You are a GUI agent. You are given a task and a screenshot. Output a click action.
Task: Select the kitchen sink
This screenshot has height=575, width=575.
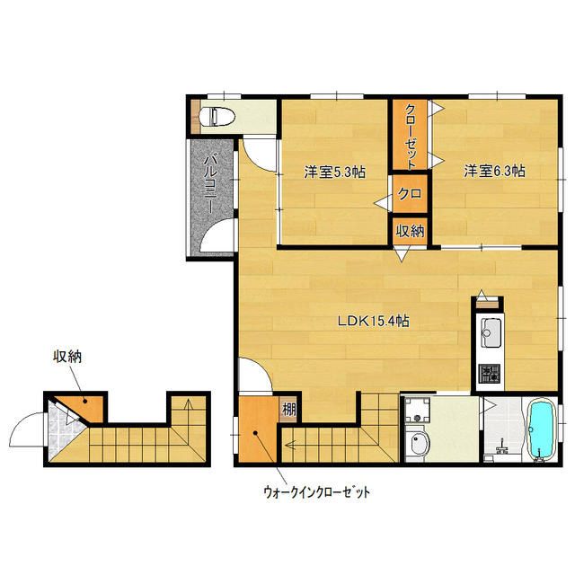pos(491,333)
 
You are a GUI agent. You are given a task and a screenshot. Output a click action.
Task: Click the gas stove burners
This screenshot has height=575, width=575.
pos(491,374)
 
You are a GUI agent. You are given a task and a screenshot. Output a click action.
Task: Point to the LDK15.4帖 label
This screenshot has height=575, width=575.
pos(374,322)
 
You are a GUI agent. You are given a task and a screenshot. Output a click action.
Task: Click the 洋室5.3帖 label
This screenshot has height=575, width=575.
pos(334,172)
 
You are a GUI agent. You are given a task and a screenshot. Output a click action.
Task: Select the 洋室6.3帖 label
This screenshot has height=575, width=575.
pos(494,171)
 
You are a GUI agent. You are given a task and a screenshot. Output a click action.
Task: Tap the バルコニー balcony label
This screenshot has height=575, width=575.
pos(210,184)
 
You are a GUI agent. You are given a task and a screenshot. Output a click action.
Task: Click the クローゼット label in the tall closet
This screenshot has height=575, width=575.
pos(411,137)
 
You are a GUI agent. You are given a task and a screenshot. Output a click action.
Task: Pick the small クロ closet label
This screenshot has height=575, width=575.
pos(410,194)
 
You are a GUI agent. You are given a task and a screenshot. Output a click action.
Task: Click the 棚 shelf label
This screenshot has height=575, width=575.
pos(288,410)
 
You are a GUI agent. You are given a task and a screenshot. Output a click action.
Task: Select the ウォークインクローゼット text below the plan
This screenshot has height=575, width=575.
pos(316,492)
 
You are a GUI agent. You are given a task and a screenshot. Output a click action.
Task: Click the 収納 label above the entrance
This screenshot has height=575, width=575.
pos(67,357)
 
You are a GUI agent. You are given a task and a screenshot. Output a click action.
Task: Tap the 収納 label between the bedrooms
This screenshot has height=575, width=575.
pos(410,231)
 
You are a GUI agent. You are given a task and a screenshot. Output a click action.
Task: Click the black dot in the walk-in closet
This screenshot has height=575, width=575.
pos(255,433)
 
